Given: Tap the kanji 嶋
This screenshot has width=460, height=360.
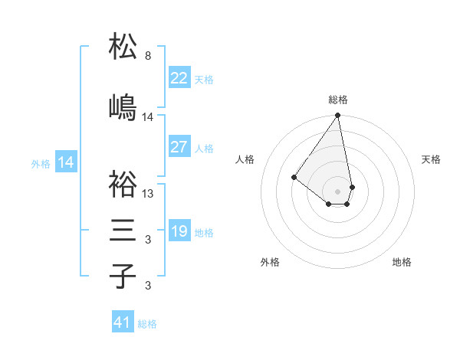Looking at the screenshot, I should (123, 107).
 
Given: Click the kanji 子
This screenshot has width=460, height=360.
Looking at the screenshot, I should (123, 276).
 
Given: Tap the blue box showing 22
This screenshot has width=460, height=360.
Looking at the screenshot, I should (179, 78).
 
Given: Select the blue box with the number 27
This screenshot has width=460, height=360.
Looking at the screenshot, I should (179, 147).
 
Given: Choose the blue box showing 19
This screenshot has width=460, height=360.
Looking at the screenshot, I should (179, 231).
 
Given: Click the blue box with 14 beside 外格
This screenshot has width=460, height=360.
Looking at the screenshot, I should (65, 162).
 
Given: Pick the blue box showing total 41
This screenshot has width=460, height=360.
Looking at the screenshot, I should (123, 322).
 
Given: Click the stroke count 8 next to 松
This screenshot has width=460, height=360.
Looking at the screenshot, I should (148, 56).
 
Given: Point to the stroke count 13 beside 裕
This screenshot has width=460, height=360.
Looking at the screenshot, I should (148, 194).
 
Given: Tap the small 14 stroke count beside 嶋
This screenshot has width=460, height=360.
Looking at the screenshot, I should (148, 117).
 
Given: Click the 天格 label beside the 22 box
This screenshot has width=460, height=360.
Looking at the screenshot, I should (204, 80).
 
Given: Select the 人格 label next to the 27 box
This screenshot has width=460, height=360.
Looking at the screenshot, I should (204, 149).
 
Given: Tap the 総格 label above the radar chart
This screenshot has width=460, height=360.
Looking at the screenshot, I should (337, 100).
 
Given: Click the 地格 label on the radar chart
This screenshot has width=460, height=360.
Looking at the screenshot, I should (402, 262).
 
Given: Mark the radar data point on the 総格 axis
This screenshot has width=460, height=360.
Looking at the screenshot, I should (337, 116).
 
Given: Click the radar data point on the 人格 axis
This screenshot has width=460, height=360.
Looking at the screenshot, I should (294, 177).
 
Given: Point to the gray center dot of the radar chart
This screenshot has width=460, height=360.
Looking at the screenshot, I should (337, 191).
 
